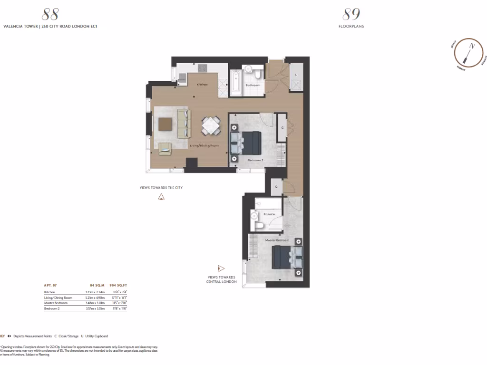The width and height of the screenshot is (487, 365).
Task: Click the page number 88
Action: pos(50,14)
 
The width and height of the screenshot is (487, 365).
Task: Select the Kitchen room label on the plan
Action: pos(202,85)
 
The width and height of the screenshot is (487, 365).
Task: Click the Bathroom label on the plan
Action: pos(252,85)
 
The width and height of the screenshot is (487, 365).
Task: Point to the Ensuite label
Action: pos(270,214)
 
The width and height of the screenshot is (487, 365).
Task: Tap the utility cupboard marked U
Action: pos(297,75)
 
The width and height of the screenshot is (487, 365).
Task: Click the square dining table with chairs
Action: pos(210,126)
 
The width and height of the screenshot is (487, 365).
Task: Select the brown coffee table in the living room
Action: pos(165,124)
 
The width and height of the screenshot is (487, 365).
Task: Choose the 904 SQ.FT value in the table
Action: pos(118,286)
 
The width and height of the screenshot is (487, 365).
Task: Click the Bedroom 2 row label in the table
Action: pos(52,309)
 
